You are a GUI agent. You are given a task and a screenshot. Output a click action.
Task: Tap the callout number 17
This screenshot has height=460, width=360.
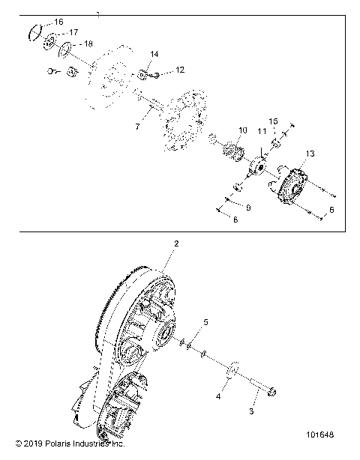click(x=73, y=33)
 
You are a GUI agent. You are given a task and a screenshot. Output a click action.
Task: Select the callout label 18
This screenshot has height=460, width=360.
click(x=88, y=44)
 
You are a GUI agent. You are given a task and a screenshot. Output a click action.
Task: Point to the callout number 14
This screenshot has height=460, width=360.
click(x=154, y=55)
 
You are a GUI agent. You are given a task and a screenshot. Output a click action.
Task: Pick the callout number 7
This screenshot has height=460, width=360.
click(x=137, y=127)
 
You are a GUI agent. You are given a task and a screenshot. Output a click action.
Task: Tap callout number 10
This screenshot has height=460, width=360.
click(x=241, y=130)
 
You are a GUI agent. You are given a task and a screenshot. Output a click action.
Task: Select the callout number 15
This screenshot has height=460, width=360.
click(x=274, y=121)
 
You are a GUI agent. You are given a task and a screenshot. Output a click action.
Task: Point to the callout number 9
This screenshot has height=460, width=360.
click(x=248, y=207)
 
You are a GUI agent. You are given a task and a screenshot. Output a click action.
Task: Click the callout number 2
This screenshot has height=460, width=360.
click(x=176, y=243)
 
